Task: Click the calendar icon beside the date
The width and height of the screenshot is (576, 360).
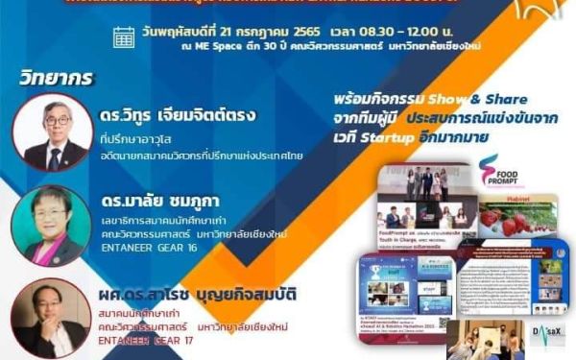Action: [x=124, y=37]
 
